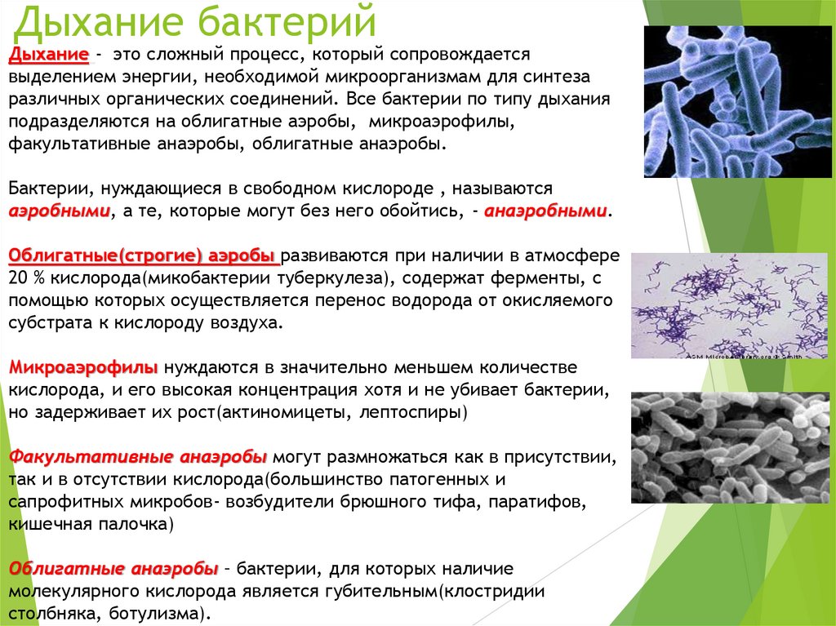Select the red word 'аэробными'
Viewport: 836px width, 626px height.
pyautogui.click(x=60, y=211)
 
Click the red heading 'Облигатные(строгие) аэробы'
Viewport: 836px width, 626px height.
pyautogui.click(x=143, y=255)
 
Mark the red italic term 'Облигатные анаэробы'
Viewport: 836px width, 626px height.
pyautogui.click(x=113, y=567)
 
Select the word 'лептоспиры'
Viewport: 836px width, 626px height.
pyautogui.click(x=421, y=411)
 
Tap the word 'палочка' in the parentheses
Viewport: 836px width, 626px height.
pyautogui.click(x=139, y=523)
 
